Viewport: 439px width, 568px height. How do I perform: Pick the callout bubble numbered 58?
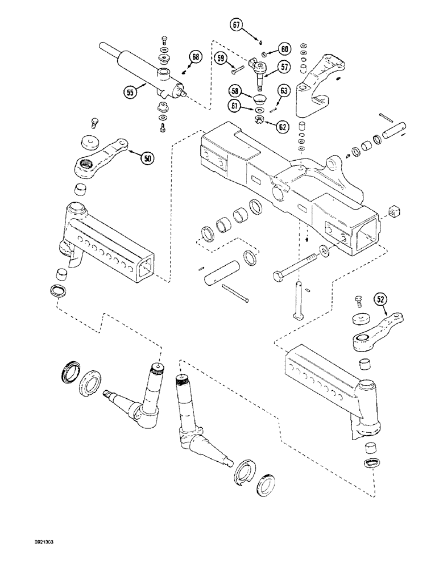[235, 91]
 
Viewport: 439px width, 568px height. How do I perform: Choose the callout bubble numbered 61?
[235, 106]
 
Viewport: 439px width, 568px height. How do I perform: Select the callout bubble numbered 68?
[195, 57]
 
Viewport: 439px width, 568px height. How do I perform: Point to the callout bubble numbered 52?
[380, 297]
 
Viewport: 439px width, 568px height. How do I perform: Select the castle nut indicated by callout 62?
[260, 119]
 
